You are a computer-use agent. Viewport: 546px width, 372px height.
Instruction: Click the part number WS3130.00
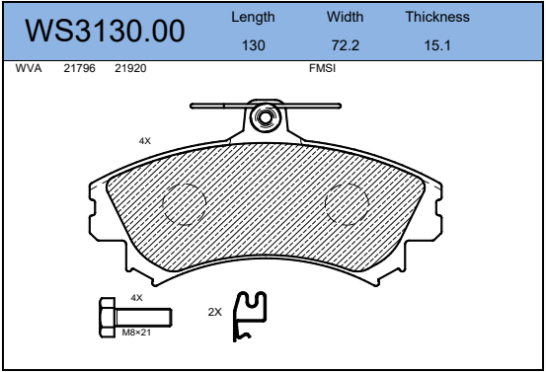(x=105, y=31)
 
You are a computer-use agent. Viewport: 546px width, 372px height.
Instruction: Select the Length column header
(x=253, y=17)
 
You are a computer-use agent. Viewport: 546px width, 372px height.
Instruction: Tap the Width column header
(x=346, y=17)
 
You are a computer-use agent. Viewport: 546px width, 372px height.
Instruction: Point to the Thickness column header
(x=437, y=17)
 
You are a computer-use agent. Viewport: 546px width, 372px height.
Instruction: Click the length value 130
(x=254, y=45)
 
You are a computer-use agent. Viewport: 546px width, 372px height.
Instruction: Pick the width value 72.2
(x=346, y=45)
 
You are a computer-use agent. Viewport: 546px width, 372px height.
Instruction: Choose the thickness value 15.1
(x=437, y=45)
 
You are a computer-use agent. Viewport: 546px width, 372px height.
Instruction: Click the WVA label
(x=29, y=68)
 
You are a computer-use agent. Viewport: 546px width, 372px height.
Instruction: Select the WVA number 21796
(x=79, y=68)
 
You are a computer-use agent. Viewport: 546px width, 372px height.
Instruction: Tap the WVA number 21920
(x=130, y=68)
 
